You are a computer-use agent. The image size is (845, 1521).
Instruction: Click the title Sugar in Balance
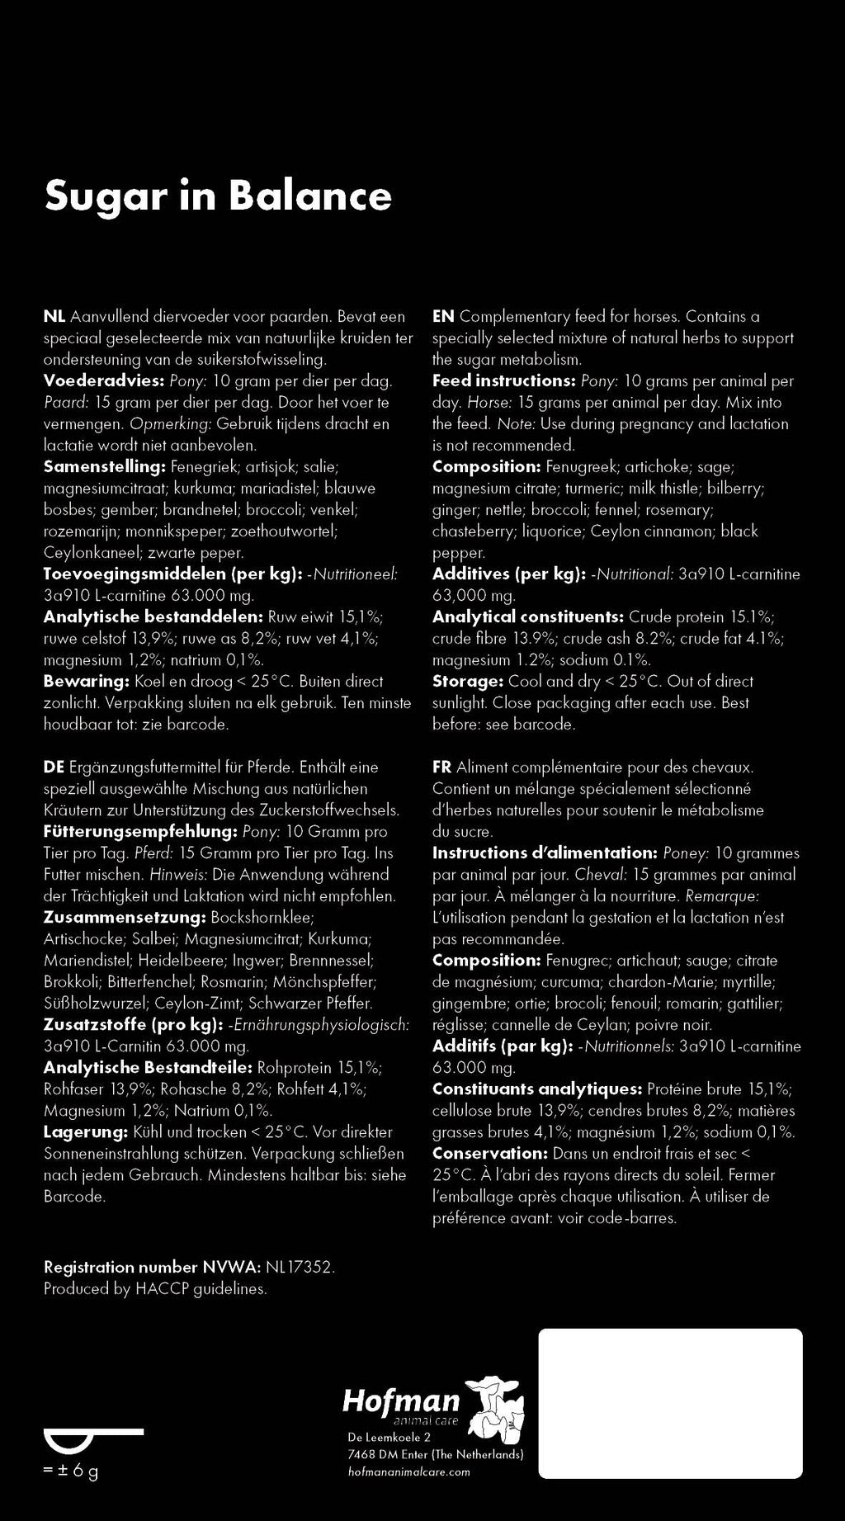point(218,196)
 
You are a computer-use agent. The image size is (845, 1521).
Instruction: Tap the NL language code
point(54,317)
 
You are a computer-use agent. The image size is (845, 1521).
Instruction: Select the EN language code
point(443,317)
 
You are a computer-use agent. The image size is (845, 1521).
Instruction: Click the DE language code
point(54,768)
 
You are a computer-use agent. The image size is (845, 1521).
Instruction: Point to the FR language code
point(442,768)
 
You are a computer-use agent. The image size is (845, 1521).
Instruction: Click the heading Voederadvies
point(104,381)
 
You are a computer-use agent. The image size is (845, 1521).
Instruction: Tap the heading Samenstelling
point(105,467)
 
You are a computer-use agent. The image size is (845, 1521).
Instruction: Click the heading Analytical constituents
point(528,617)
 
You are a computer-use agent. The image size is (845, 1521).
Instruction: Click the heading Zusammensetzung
point(124,918)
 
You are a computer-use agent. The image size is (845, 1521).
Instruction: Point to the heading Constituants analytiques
point(537,1089)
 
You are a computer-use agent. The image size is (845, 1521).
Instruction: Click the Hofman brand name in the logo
point(401,1401)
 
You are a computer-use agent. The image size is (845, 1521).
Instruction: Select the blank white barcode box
point(670,1403)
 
